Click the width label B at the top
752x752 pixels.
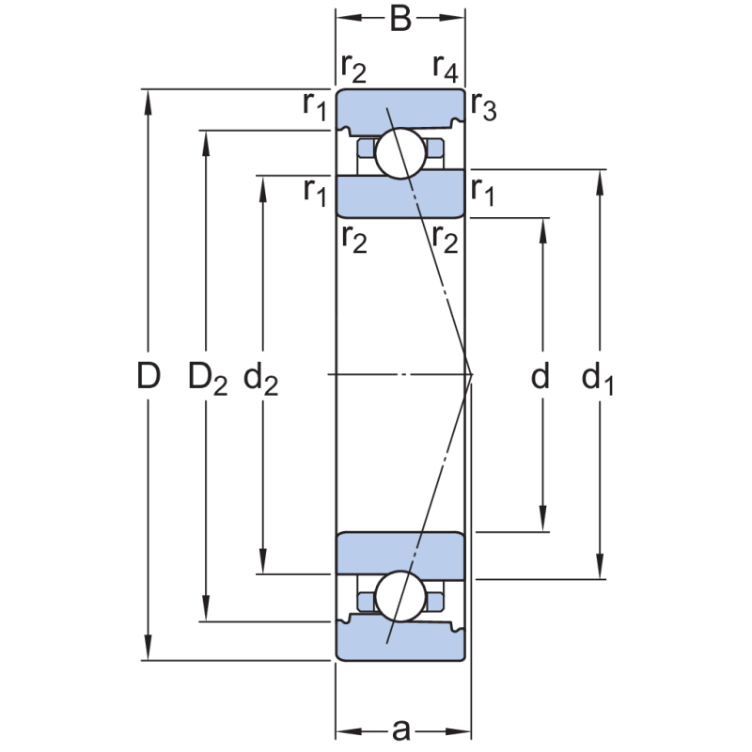(400, 18)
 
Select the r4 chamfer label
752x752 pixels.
(445, 67)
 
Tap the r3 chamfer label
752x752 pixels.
(483, 107)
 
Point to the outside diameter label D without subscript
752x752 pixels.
(148, 376)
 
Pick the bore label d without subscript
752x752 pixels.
(540, 377)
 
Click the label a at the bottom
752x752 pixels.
(401, 729)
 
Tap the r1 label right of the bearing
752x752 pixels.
(483, 192)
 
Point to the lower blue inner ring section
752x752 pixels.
(401, 555)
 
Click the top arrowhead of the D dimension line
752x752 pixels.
(148, 100)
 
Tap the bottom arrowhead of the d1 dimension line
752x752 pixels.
(599, 570)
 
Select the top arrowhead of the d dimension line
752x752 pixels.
(542, 228)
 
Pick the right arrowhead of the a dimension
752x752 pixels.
(462, 730)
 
